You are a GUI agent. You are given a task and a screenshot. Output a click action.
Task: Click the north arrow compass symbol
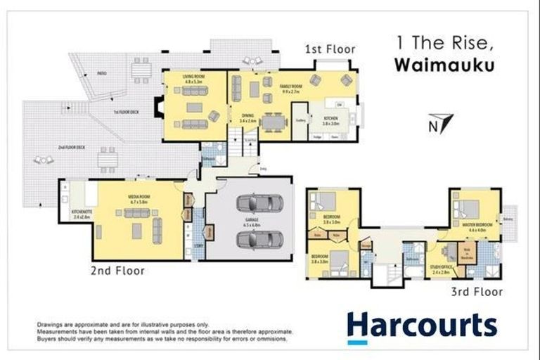click(x=435, y=123)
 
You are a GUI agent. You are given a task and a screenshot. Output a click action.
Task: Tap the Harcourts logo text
click(x=422, y=326)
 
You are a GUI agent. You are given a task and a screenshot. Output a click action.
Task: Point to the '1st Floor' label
click(x=330, y=49)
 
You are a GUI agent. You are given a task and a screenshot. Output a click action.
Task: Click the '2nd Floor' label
click(x=118, y=270)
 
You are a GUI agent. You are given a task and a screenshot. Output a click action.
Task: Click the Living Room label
click(x=193, y=79)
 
